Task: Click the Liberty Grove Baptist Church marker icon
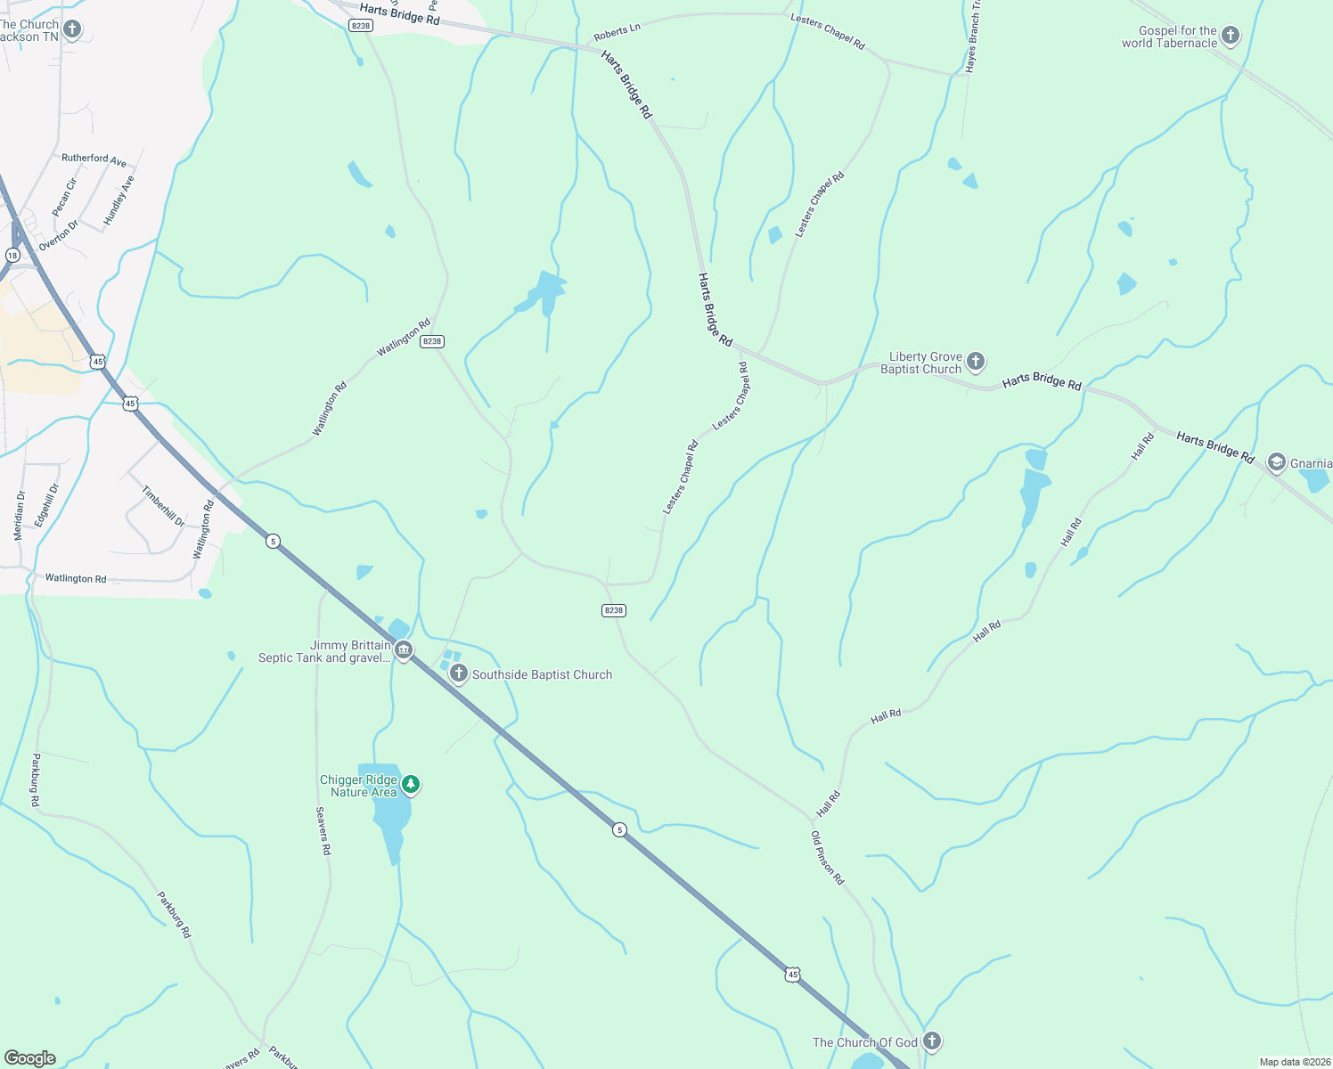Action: [976, 362]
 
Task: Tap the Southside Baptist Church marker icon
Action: [459, 673]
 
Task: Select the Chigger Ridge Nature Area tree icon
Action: [411, 785]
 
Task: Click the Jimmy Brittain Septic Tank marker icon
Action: [404, 651]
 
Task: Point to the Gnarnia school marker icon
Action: [1276, 462]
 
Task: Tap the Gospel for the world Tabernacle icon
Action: [1231, 37]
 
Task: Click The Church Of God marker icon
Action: [932, 1040]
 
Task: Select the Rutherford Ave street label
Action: [94, 159]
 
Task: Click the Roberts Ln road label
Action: [617, 32]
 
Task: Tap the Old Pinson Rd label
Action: [827, 857]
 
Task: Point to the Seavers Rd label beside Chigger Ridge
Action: [323, 830]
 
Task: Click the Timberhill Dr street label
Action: [163, 506]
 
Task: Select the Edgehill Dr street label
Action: [46, 504]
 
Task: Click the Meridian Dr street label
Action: [19, 515]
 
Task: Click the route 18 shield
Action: [12, 256]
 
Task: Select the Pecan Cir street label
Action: [65, 197]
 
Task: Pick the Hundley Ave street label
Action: [119, 200]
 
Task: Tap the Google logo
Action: [30, 1058]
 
